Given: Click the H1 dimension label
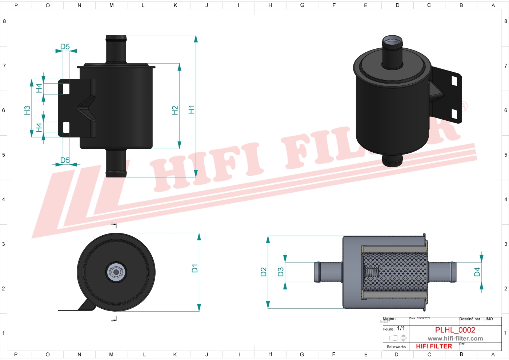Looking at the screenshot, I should [192, 109].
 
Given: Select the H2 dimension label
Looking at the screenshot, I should [175, 110].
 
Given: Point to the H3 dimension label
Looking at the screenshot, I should [27, 110].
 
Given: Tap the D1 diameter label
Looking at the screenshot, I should [195, 268].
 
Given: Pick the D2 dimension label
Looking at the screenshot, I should [264, 272].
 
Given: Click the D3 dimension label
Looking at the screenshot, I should [280, 272].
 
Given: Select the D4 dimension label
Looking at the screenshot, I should [477, 272].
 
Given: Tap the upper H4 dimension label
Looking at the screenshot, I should [39, 88].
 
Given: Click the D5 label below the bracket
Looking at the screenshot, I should [65, 160].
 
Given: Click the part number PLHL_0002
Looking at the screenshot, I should [455, 330].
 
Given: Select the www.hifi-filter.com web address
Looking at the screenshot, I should [455, 339].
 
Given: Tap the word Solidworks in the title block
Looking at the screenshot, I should [396, 347].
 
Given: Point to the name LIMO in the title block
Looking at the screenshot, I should [488, 319].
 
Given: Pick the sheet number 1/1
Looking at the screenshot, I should [401, 328].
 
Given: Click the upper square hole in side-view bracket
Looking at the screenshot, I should [66, 89].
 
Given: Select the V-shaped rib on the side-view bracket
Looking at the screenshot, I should [87, 108].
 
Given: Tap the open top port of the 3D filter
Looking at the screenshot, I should [392, 41].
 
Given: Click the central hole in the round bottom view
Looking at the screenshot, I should [116, 272].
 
